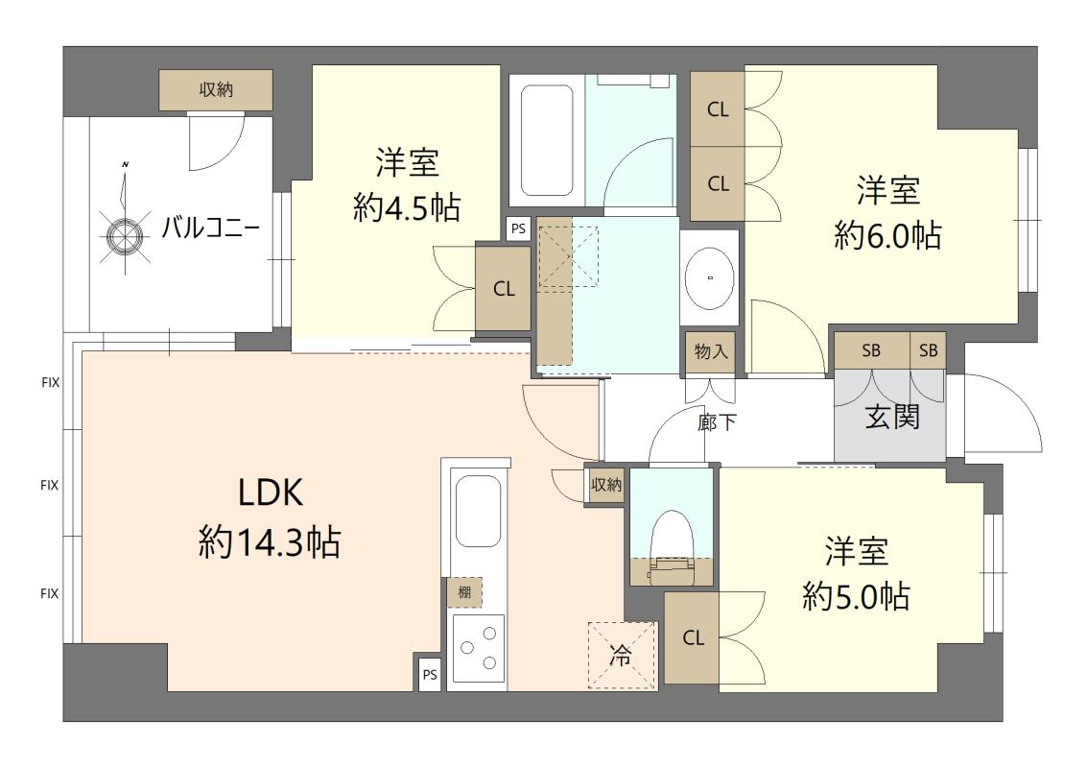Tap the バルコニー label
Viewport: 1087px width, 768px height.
(211, 228)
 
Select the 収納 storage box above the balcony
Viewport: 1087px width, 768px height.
(216, 89)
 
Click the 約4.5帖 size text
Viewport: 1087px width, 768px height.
(406, 207)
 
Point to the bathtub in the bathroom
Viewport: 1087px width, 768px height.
(547, 141)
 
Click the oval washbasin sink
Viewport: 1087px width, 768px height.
(710, 277)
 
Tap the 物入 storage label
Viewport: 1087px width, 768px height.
(711, 352)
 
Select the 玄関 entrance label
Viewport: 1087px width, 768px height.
(892, 417)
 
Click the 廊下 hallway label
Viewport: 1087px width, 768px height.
(717, 421)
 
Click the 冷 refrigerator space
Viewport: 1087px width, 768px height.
(621, 655)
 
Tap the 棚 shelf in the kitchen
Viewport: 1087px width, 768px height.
(464, 592)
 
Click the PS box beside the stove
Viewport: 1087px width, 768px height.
(430, 674)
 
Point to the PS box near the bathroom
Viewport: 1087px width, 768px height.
(518, 228)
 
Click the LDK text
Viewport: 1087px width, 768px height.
(271, 493)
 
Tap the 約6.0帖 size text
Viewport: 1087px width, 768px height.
(887, 236)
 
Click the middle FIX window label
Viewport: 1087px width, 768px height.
(49, 485)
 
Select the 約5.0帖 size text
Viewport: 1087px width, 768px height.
(856, 596)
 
